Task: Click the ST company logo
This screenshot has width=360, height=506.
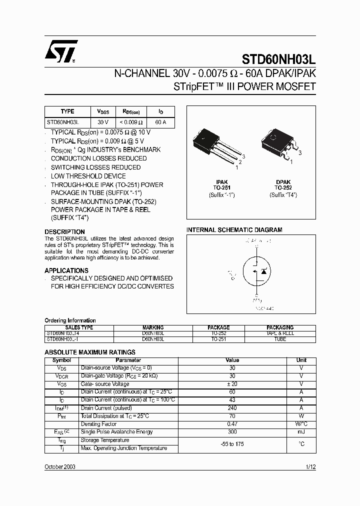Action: pyautogui.click(x=60, y=51)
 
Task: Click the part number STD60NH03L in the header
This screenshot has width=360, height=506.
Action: pyautogui.click(x=279, y=58)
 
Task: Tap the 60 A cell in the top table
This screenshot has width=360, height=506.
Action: pyautogui.click(x=160, y=122)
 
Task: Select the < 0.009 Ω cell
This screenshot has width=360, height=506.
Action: pyautogui.click(x=131, y=122)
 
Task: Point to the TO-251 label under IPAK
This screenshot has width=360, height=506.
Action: pyautogui.click(x=222, y=188)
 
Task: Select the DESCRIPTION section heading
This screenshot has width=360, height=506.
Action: pyautogui.click(x=65, y=232)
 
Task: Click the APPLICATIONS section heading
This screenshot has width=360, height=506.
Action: pyautogui.click(x=66, y=270)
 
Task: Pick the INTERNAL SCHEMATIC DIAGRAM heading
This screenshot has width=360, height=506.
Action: pyautogui.click(x=234, y=230)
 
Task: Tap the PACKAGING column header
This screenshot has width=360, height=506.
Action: pyautogui.click(x=280, y=328)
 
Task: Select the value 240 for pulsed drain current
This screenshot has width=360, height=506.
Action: pyautogui.click(x=232, y=408)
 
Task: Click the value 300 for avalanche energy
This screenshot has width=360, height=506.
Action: pyautogui.click(x=232, y=432)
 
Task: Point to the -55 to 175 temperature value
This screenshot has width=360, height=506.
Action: pyautogui.click(x=232, y=444)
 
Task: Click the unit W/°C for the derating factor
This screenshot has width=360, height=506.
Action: pyautogui.click(x=301, y=424)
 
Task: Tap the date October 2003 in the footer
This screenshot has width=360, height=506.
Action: pyautogui.click(x=60, y=466)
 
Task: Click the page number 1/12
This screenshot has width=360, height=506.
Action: pyautogui.click(x=310, y=466)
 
